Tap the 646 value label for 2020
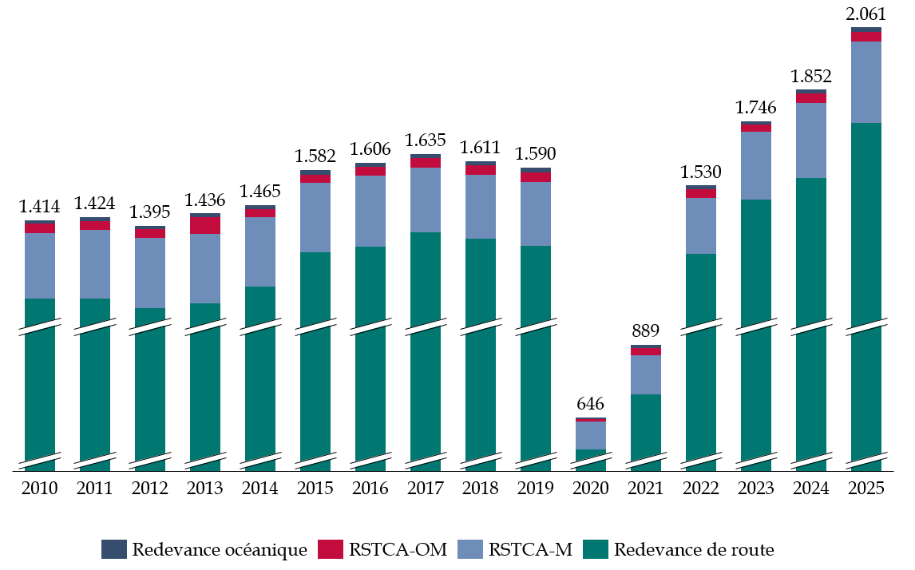pyautogui.click(x=591, y=403)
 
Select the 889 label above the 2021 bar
pyautogui.click(x=646, y=331)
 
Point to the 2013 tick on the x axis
pyautogui.click(x=205, y=489)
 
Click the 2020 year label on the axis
pyautogui.click(x=591, y=489)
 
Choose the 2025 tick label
pyautogui.click(x=866, y=489)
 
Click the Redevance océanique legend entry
pyautogui.click(x=204, y=549)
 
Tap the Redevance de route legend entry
pyautogui.click(x=679, y=549)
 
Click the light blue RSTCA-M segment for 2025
pyautogui.click(x=866, y=81)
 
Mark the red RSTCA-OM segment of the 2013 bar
pyautogui.click(x=205, y=225)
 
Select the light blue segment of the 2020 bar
pyautogui.click(x=591, y=435)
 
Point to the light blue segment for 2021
pyautogui.click(x=646, y=374)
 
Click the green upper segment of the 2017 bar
pyautogui.click(x=426, y=275)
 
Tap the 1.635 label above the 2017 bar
pyautogui.click(x=426, y=140)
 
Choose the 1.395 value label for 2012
pyautogui.click(x=150, y=212)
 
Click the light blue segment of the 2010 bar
pyautogui.click(x=40, y=266)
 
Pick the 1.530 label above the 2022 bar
pyautogui.click(x=701, y=172)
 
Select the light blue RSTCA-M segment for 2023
pyautogui.click(x=756, y=165)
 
